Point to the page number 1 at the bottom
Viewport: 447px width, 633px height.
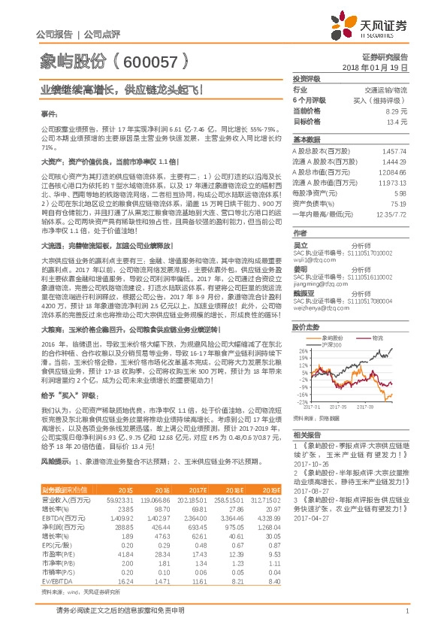pos(406,611)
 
